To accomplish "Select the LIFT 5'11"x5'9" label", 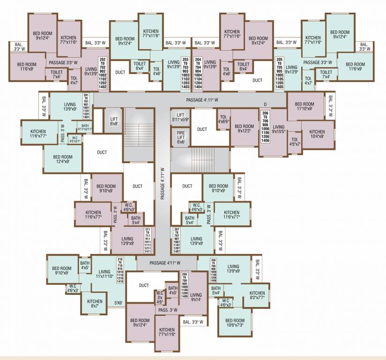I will [180, 117].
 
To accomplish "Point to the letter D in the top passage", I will [265, 104].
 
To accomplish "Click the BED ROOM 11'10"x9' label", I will [305, 106].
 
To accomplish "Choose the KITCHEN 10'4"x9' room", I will [317, 134].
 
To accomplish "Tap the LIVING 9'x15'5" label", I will [279, 129].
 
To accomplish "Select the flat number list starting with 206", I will [266, 127].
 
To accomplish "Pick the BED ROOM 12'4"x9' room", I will [62, 159].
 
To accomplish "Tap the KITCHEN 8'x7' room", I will [95, 304].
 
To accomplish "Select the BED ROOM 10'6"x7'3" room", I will [235, 323].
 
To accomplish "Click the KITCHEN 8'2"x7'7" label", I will [257, 295].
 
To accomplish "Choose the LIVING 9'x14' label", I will [196, 297].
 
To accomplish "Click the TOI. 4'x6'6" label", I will [223, 119].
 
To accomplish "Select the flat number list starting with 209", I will [184, 285].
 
